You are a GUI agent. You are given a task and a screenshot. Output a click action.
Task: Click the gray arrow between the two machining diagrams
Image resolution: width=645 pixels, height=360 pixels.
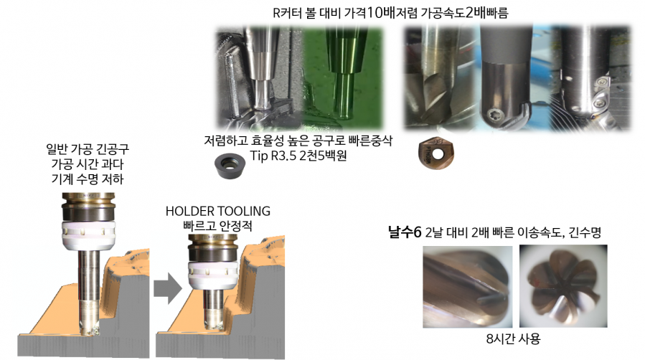168,288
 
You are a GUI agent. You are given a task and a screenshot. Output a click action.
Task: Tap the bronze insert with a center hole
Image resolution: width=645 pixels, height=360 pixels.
436,154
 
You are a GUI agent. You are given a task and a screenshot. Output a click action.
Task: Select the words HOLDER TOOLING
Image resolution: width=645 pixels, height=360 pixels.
218,212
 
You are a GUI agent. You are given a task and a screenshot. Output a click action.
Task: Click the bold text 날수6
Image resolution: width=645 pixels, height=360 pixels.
405,232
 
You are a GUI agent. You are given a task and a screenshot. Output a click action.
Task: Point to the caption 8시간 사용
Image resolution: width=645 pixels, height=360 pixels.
513,338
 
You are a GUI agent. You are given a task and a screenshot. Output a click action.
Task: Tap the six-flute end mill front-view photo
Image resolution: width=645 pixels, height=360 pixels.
563,286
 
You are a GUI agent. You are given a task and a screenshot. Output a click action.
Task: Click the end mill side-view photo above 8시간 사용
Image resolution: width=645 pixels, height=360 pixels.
468,286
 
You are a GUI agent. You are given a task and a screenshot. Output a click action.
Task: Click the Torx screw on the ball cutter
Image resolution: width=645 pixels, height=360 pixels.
494,115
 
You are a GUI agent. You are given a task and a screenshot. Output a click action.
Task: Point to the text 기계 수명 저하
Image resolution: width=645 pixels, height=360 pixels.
88,179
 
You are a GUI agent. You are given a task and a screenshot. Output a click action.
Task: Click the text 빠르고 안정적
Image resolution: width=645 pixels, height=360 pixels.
218,226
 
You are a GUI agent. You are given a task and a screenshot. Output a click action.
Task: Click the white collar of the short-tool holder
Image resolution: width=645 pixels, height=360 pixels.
213,275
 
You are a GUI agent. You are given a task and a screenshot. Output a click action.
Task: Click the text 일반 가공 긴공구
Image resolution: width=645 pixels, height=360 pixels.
88,148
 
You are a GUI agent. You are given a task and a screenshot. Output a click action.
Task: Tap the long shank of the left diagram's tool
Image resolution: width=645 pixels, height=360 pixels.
89,275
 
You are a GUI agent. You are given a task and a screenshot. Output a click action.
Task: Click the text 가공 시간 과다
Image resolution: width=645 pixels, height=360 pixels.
88,164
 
